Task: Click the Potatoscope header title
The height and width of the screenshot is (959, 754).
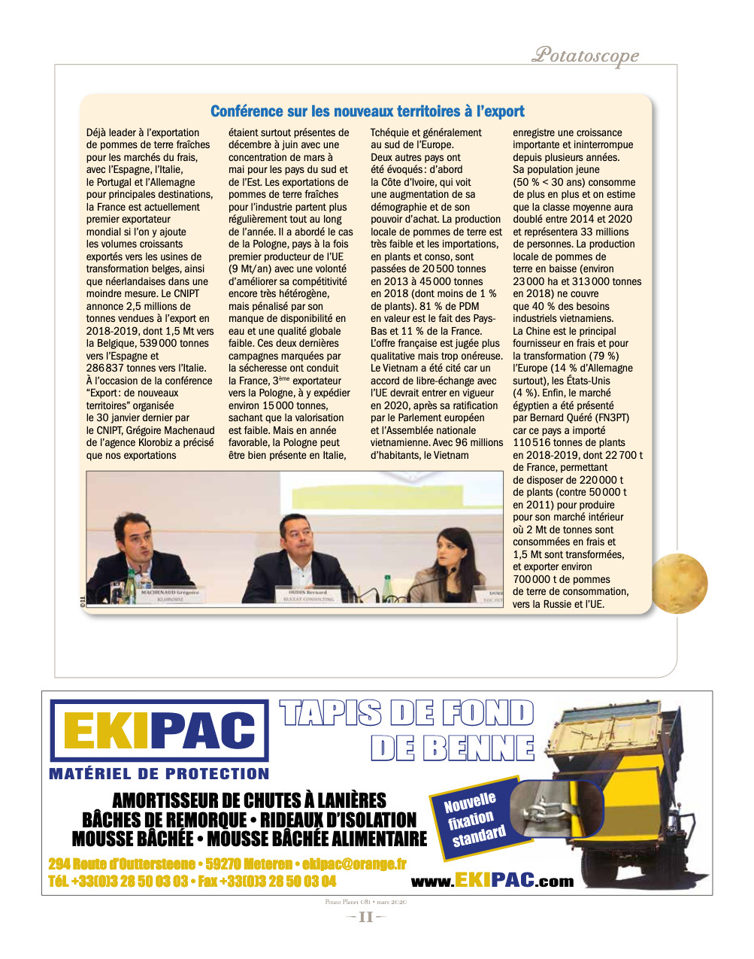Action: click(586, 55)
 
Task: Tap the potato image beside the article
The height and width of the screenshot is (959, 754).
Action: click(679, 583)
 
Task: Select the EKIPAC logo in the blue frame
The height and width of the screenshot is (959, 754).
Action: click(159, 730)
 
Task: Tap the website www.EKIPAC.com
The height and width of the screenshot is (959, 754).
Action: click(492, 882)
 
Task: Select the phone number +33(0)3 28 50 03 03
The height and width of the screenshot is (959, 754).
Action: click(129, 882)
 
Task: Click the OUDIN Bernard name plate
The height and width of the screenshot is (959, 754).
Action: click(309, 595)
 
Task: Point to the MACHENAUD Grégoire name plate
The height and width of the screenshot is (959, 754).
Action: click(170, 595)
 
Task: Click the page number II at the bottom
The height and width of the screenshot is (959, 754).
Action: click(365, 917)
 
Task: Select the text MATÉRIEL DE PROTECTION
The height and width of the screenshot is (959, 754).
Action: click(159, 773)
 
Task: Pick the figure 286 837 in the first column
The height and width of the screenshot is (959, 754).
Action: click(106, 369)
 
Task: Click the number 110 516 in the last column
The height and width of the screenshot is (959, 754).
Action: click(535, 443)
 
